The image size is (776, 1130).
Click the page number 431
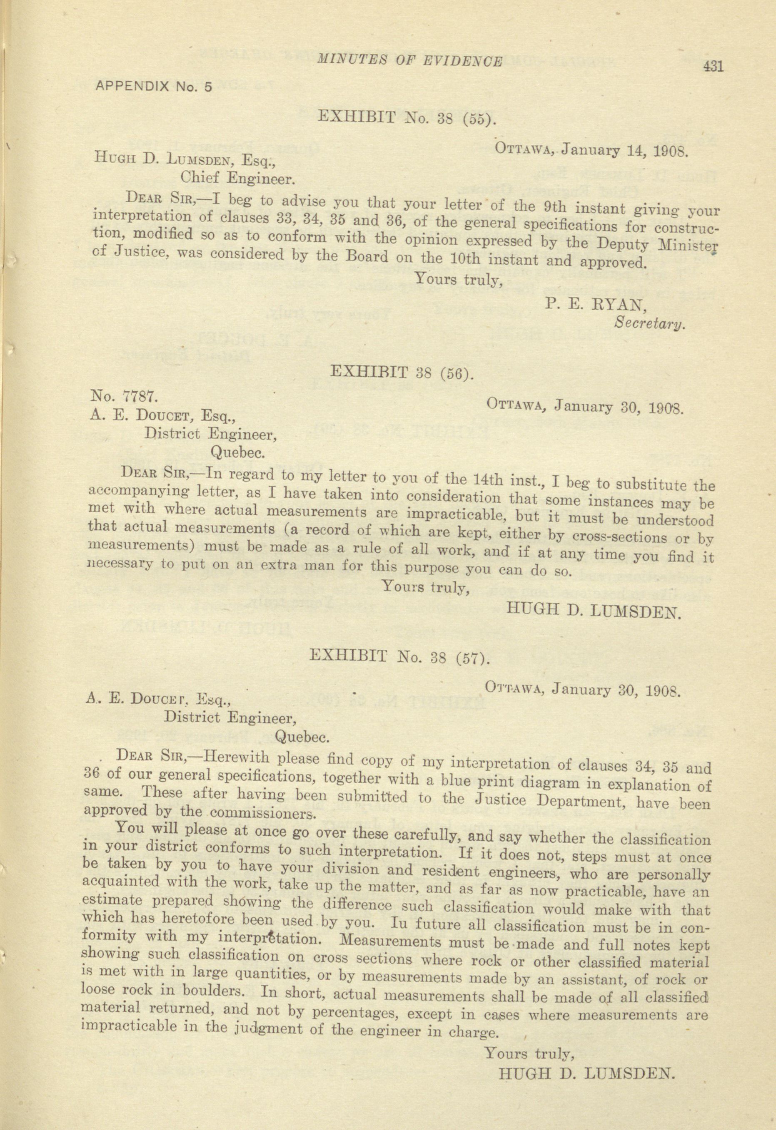[713, 66]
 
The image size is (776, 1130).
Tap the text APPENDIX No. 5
[154, 87]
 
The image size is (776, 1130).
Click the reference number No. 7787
[124, 396]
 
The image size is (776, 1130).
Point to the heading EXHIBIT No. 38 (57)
[399, 657]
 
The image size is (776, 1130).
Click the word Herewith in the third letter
[234, 757]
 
